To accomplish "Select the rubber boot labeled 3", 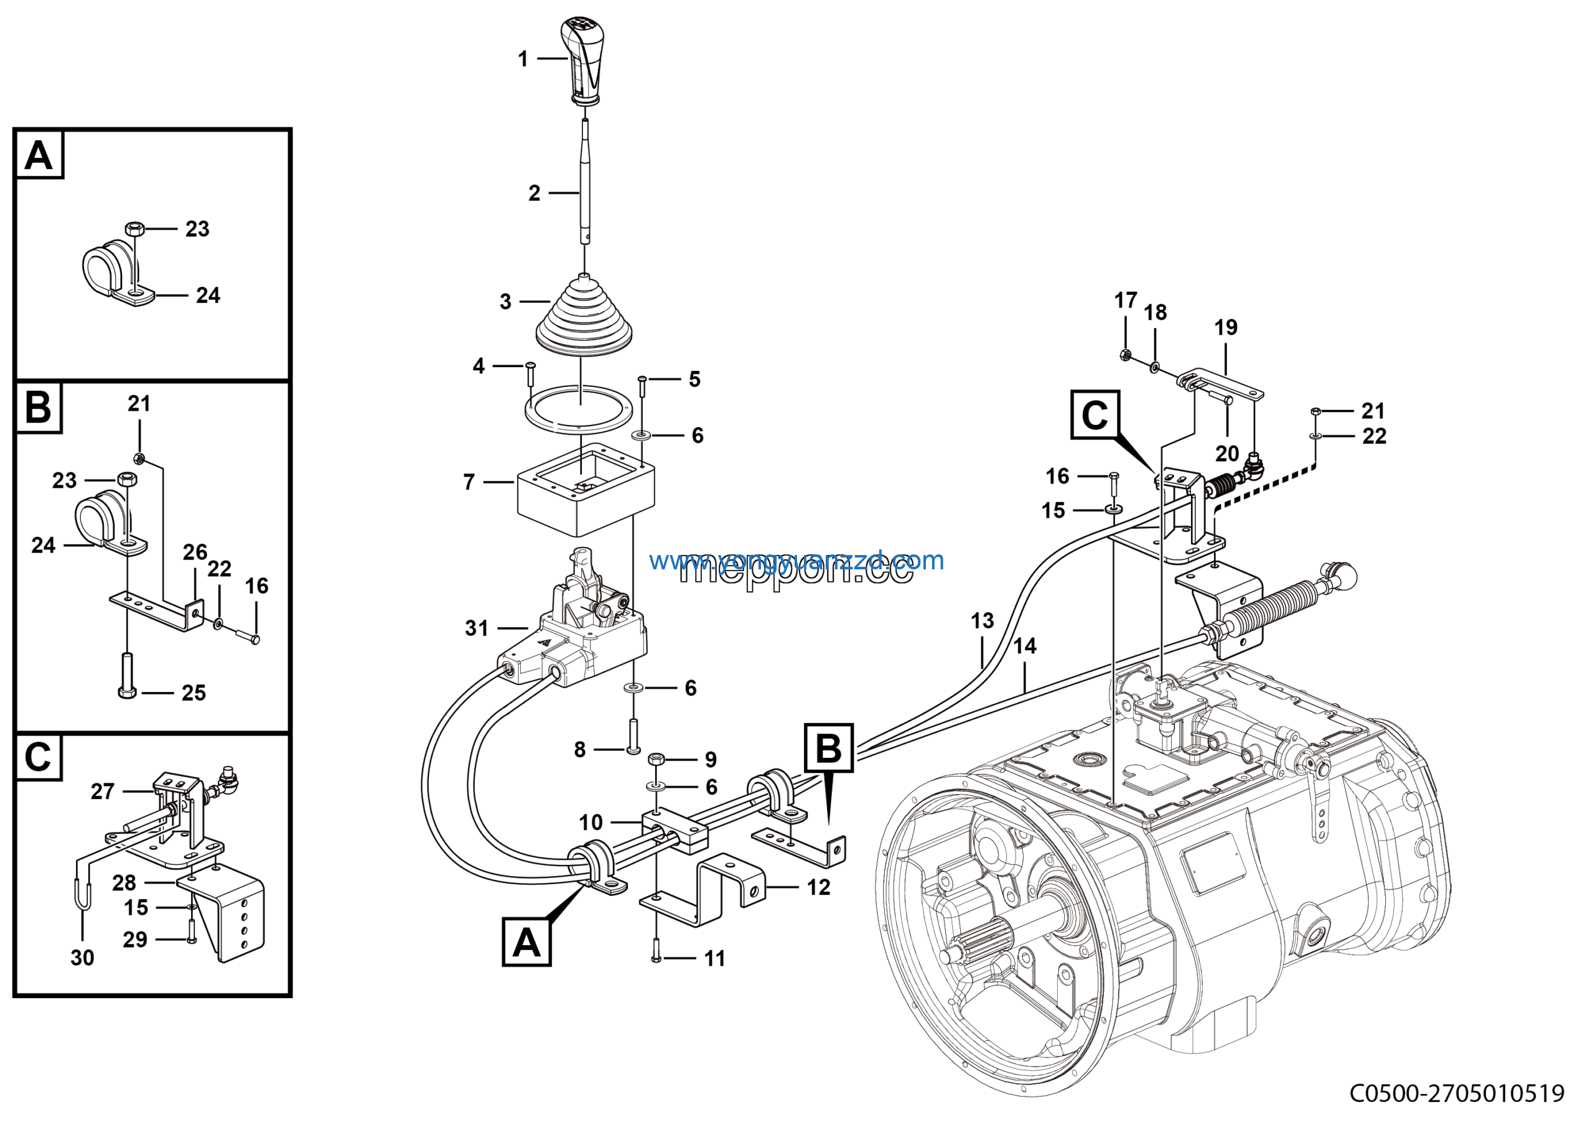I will (x=584, y=315).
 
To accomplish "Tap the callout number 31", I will (x=477, y=628).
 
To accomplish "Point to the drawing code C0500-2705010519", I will (x=1456, y=1094).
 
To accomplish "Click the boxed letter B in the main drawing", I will (x=828, y=749).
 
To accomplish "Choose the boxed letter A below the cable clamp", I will (x=526, y=943).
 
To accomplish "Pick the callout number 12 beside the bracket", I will (x=819, y=887).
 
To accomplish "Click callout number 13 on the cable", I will (x=982, y=621).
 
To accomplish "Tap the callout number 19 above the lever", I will (x=1226, y=327).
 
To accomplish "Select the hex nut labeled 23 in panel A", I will (x=134, y=228).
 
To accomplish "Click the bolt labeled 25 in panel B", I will (x=127, y=676).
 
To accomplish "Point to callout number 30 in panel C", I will (x=82, y=958).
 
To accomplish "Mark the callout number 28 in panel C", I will (x=124, y=883).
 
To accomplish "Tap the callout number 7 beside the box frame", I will (x=469, y=482).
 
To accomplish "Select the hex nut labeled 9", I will (x=656, y=759).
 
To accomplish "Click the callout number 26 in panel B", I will (x=195, y=552).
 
